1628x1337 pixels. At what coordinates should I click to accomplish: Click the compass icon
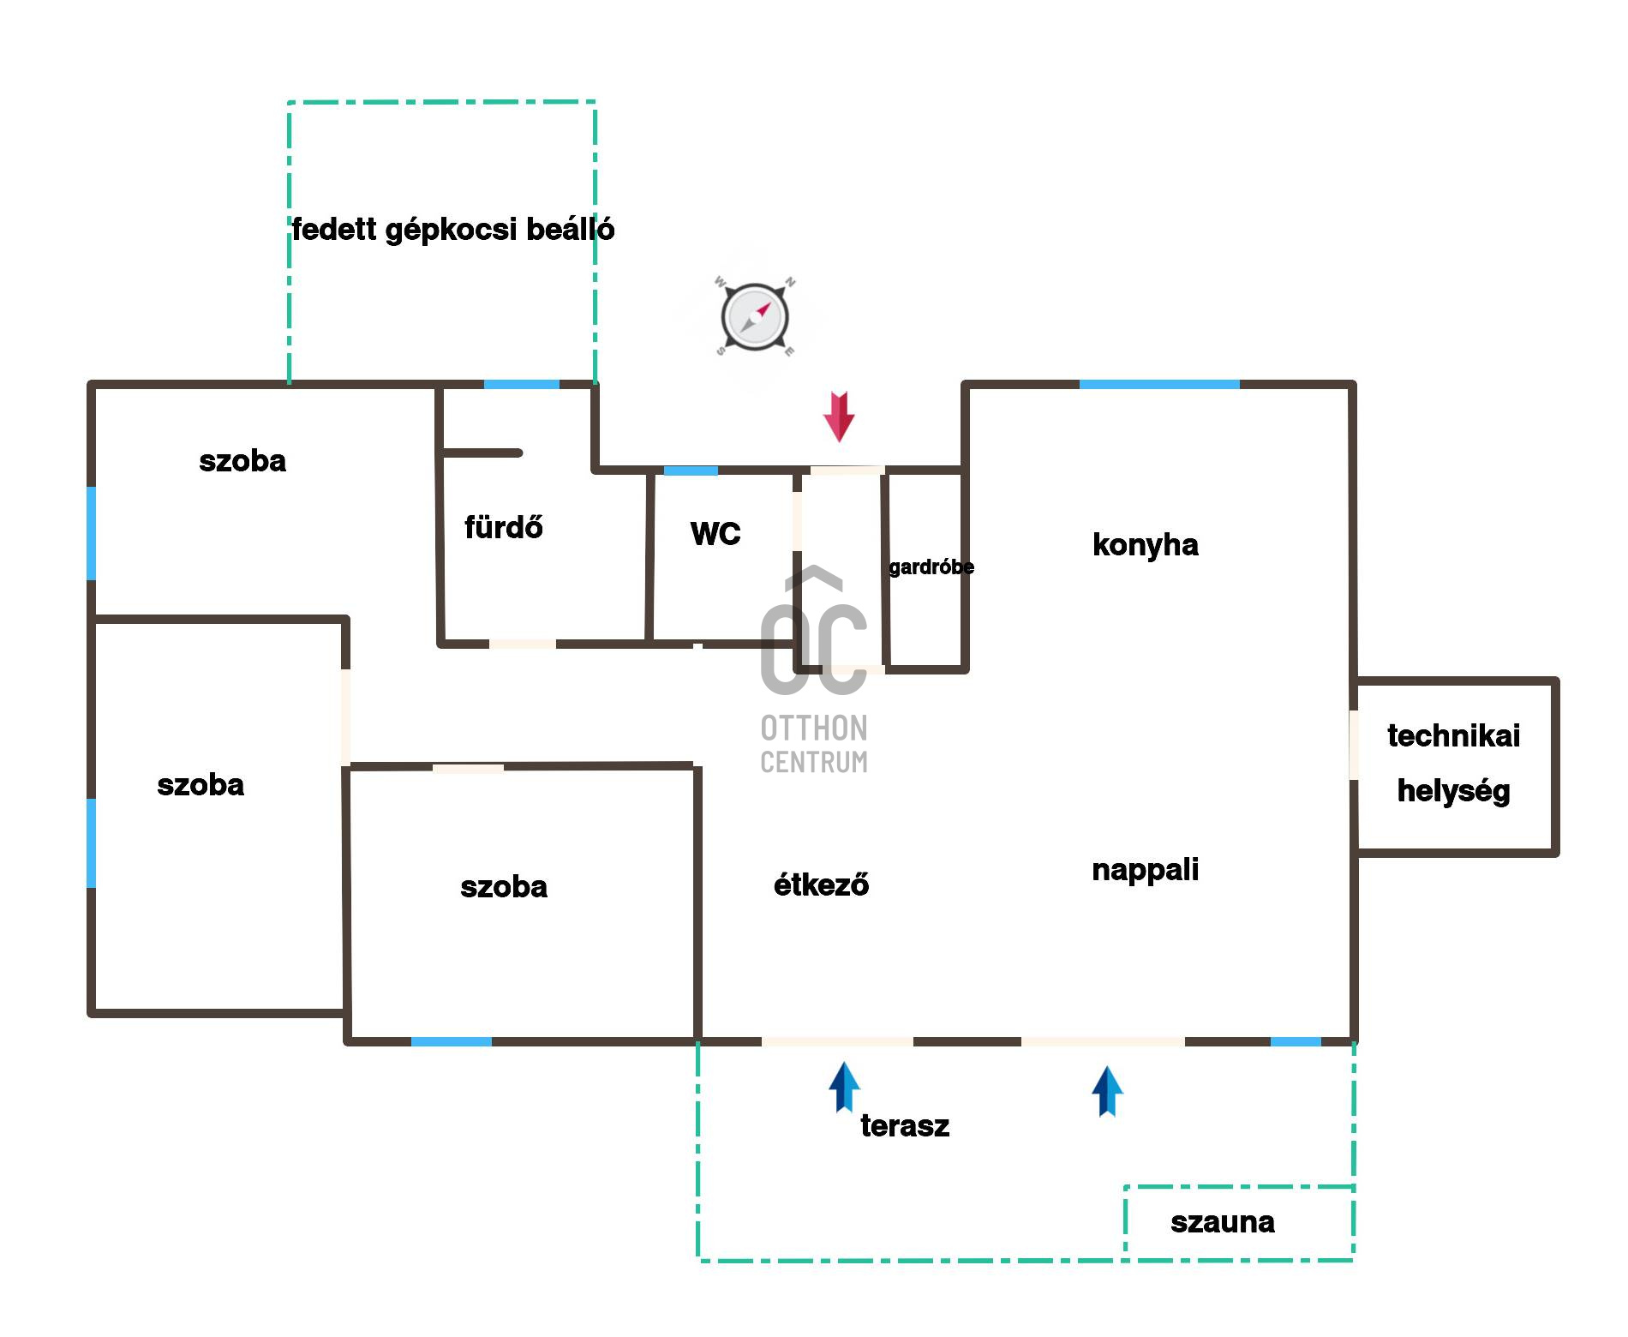coord(755,317)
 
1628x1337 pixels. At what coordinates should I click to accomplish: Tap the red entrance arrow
coord(839,417)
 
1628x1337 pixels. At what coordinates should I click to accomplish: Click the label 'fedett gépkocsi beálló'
coord(452,230)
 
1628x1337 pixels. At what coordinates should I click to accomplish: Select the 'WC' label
coord(715,534)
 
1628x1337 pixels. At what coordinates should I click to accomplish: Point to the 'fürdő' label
coord(504,526)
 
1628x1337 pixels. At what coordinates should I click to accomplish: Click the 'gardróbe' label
coord(931,567)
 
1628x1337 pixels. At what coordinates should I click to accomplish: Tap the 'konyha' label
coord(1146,545)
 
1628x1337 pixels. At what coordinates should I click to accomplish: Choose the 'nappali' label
coord(1146,870)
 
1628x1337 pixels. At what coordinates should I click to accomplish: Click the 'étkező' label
coord(822,884)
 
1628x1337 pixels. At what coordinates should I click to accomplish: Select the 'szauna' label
coord(1223,1222)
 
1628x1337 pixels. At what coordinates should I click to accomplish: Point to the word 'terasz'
coord(905,1125)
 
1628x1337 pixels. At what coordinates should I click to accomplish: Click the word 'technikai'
coord(1454,735)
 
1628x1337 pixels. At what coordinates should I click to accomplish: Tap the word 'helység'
coord(1454,791)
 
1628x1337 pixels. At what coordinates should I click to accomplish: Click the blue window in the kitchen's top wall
coord(1159,385)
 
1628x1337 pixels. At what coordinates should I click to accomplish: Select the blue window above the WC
coord(691,471)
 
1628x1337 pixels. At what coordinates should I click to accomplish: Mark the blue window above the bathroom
coord(522,385)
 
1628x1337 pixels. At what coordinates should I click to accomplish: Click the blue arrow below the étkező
coord(844,1087)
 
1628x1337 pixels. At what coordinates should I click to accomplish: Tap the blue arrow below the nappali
coord(1107,1091)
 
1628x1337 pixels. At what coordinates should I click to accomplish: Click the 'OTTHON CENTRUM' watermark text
coord(814,744)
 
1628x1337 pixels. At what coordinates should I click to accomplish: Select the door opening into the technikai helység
coord(1354,745)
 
